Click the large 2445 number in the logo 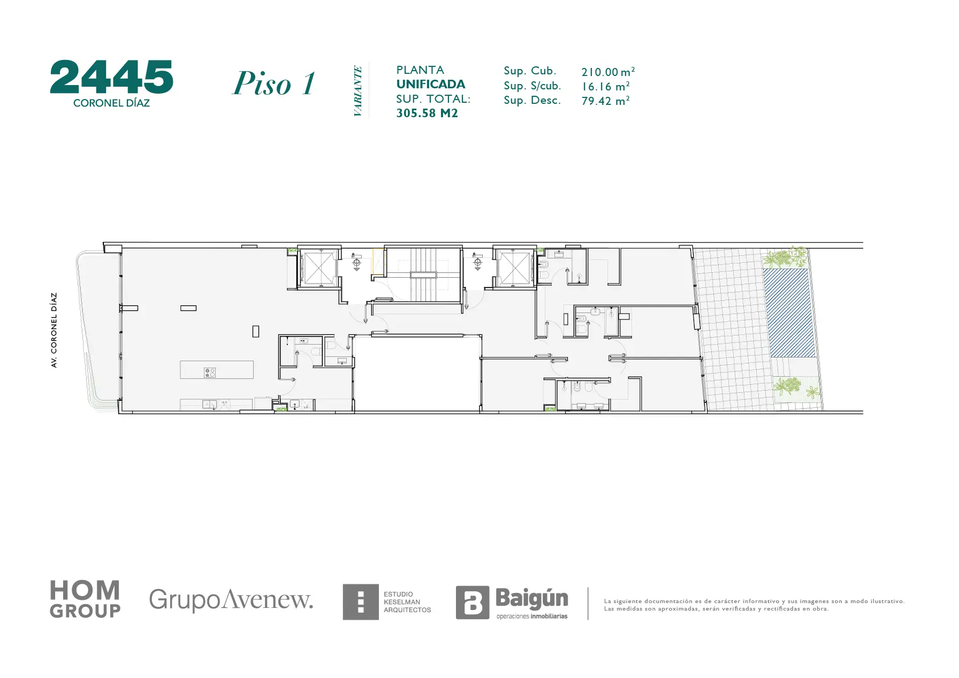click(112, 77)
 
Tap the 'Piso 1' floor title click(274, 83)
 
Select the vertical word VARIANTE click(357, 91)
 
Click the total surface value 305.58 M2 click(427, 113)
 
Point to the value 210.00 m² click(608, 72)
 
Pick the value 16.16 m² click(605, 86)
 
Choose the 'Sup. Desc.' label click(532, 101)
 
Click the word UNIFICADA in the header click(431, 84)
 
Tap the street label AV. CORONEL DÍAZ click(54, 330)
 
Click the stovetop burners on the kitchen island click(210, 372)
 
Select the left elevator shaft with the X click(318, 268)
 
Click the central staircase click(423, 275)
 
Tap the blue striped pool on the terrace click(789, 313)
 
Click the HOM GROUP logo click(85, 599)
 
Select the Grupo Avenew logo click(231, 600)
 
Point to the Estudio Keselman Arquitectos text click(407, 602)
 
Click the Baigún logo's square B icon click(472, 603)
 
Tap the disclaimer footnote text click(754, 605)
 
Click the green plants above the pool click(785, 257)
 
